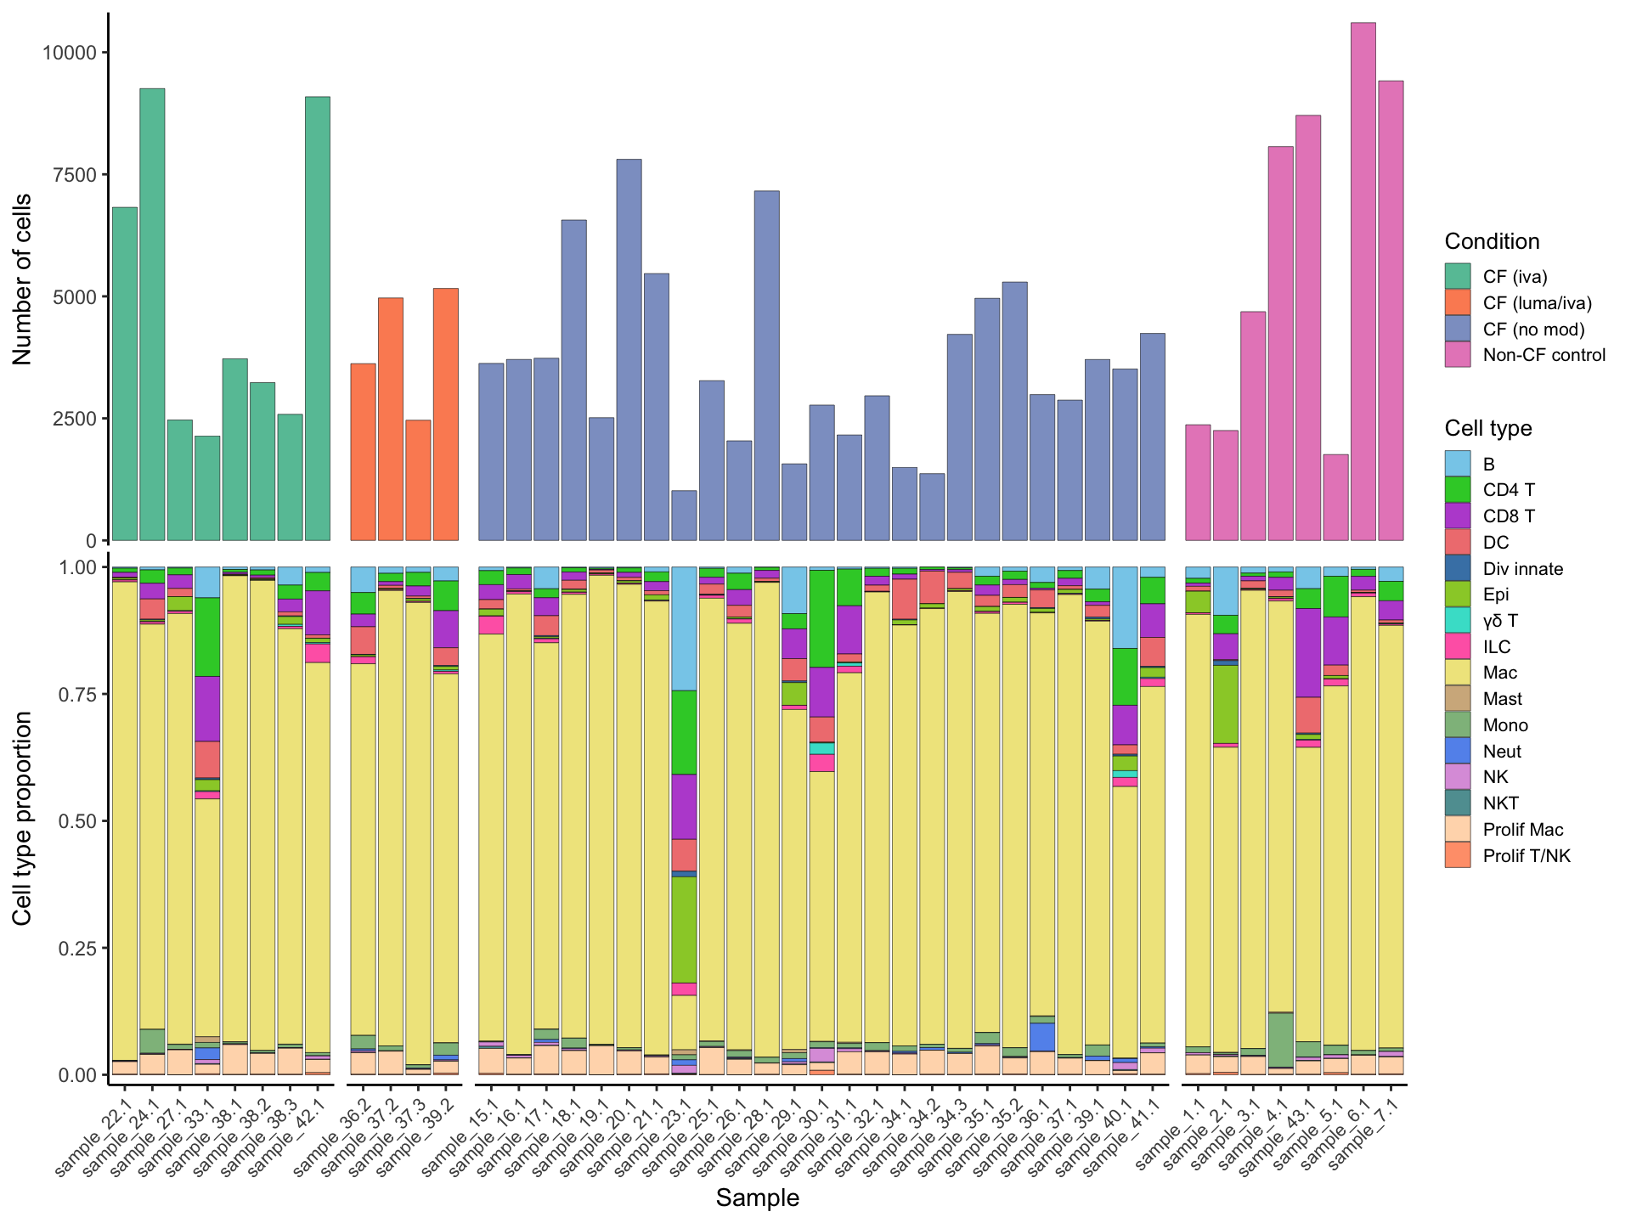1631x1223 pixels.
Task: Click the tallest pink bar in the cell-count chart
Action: pos(1363,280)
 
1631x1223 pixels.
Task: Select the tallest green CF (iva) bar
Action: pos(152,314)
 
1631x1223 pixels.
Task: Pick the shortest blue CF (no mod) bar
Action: pos(684,516)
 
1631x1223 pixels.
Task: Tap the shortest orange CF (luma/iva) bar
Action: pos(418,480)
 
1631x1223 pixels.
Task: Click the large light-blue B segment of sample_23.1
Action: pos(684,628)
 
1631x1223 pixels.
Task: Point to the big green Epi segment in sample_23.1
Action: pos(684,929)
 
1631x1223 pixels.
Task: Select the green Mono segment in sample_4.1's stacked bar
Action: pos(1280,1040)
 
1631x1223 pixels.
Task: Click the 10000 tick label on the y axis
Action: pos(70,53)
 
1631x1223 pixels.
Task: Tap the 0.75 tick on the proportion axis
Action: pos(79,694)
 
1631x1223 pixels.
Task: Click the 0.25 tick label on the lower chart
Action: pos(79,948)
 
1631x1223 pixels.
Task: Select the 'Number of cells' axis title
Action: pos(23,279)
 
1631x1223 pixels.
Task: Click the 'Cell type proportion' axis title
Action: pos(23,818)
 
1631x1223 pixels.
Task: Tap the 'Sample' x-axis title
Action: pos(757,1198)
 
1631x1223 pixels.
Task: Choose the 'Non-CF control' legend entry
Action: pos(1544,355)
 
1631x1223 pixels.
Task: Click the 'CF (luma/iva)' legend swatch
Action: pos(1457,303)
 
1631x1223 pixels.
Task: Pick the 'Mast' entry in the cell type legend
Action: pos(1502,699)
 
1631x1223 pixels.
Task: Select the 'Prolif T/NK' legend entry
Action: pos(1526,855)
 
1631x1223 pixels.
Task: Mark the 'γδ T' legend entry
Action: pos(1499,621)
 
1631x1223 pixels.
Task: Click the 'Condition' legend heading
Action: pos(1492,241)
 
